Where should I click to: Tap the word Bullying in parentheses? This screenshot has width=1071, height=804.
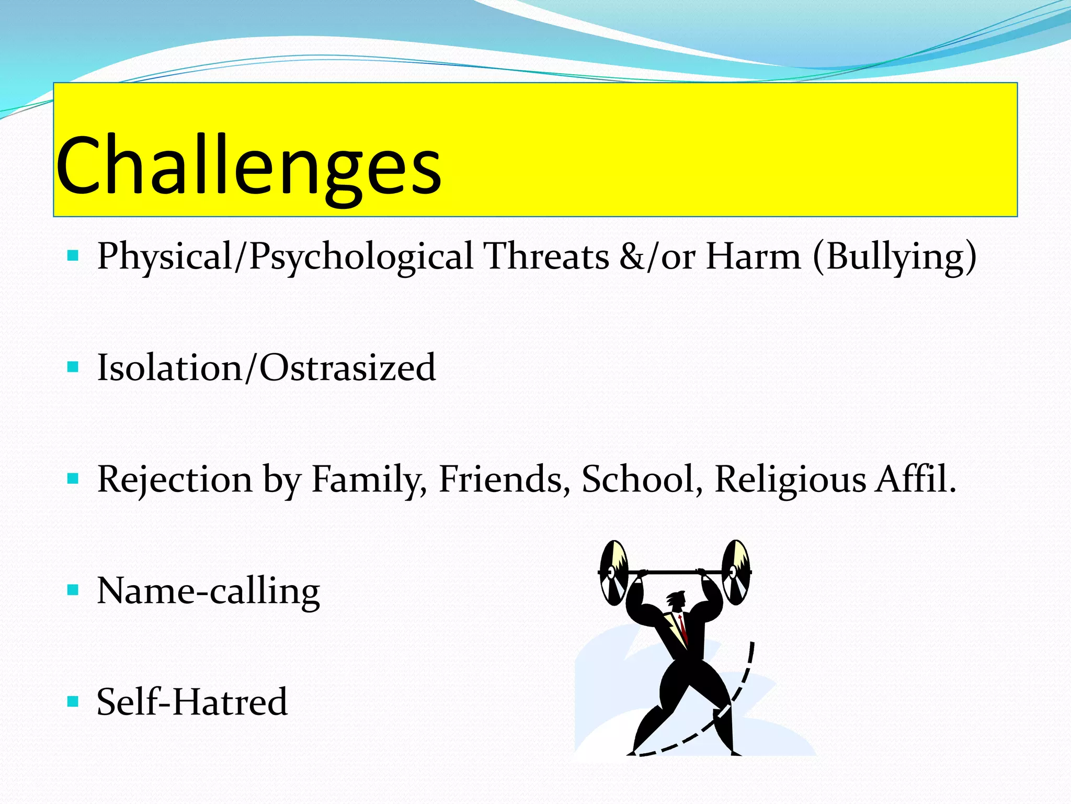(x=895, y=256)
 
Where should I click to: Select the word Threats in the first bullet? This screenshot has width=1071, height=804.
(x=546, y=256)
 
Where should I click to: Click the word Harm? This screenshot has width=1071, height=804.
(x=753, y=256)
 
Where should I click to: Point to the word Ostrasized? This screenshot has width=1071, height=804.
(x=348, y=367)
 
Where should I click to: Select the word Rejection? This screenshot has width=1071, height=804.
(x=175, y=479)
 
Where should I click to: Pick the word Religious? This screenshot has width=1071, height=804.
(x=790, y=479)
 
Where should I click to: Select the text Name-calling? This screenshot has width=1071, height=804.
(x=208, y=591)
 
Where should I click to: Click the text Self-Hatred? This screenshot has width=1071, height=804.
(x=192, y=702)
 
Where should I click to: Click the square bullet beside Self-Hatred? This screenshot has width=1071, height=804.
(x=73, y=701)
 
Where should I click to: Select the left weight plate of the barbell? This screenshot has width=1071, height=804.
(x=613, y=573)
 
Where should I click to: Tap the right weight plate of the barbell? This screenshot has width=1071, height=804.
(x=736, y=572)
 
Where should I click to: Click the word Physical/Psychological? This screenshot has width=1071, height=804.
(x=285, y=256)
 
